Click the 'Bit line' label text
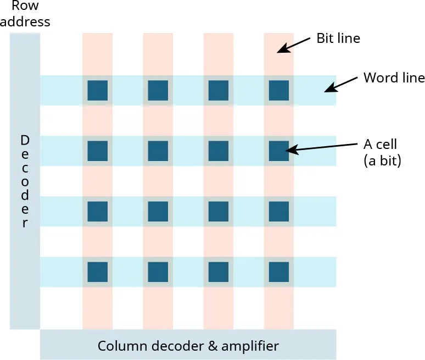[x=338, y=39]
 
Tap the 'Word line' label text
[x=394, y=78]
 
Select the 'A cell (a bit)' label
[x=383, y=152]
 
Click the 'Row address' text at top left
[x=25, y=15]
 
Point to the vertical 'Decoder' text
[x=25, y=181]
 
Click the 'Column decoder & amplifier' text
[x=188, y=346]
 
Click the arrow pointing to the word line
[x=341, y=84]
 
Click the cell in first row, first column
[x=98, y=91]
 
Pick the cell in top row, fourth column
[x=279, y=91]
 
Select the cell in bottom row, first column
[x=98, y=272]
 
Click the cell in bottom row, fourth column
[x=279, y=272]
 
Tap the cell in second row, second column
[x=158, y=151]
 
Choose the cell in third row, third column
[x=219, y=211]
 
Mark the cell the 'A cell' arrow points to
[x=279, y=151]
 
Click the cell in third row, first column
[x=98, y=211]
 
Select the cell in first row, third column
[x=219, y=91]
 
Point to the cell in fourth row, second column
[x=158, y=272]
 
